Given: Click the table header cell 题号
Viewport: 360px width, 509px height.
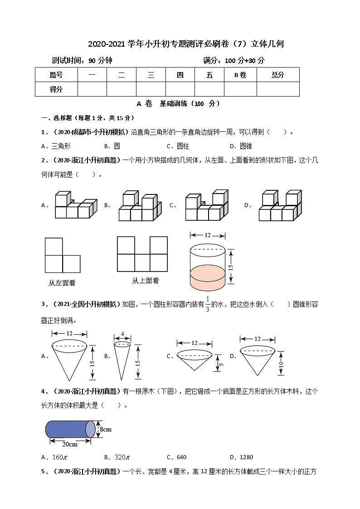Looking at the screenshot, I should point(56,75).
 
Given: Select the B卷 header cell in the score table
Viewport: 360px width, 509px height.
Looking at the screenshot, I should point(240,75).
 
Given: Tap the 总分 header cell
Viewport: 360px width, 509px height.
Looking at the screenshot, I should point(277,75).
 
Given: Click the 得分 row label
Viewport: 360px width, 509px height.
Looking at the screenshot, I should point(56,89).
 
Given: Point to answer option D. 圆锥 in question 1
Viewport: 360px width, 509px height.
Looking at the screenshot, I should point(241,146).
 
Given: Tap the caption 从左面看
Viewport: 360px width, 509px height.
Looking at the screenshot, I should point(62,283).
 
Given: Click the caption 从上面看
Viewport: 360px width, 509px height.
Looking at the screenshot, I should point(146,281).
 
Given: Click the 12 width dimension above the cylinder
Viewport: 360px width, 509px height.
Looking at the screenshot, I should point(208,235).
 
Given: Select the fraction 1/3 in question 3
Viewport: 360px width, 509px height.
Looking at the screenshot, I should point(208,304).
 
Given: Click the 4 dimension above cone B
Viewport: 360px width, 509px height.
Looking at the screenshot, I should point(122,334).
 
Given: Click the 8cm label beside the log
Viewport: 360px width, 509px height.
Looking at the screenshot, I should point(106,429).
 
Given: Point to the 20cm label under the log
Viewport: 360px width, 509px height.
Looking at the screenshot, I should point(69,444).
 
